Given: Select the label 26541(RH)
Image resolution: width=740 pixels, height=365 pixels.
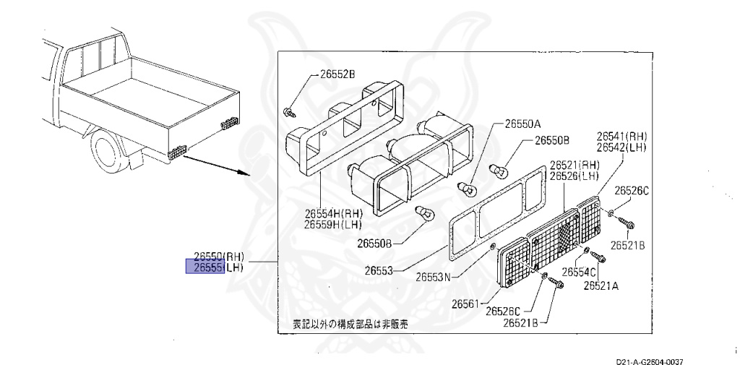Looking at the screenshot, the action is coord(621,136).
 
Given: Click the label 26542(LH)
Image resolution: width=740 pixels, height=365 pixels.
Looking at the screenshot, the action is coord(621,147).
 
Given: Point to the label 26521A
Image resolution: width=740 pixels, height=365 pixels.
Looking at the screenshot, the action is coord(601,285).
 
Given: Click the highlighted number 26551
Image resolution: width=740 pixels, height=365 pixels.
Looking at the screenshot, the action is coord(206,267).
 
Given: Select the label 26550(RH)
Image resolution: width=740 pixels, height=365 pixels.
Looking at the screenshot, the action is coord(219,256).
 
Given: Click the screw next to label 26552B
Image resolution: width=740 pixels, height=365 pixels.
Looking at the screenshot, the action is coord(290,111).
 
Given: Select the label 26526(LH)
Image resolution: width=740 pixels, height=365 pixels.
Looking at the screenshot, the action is coord(574,176).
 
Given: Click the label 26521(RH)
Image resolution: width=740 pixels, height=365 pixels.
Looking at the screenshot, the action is coord(574,165).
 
